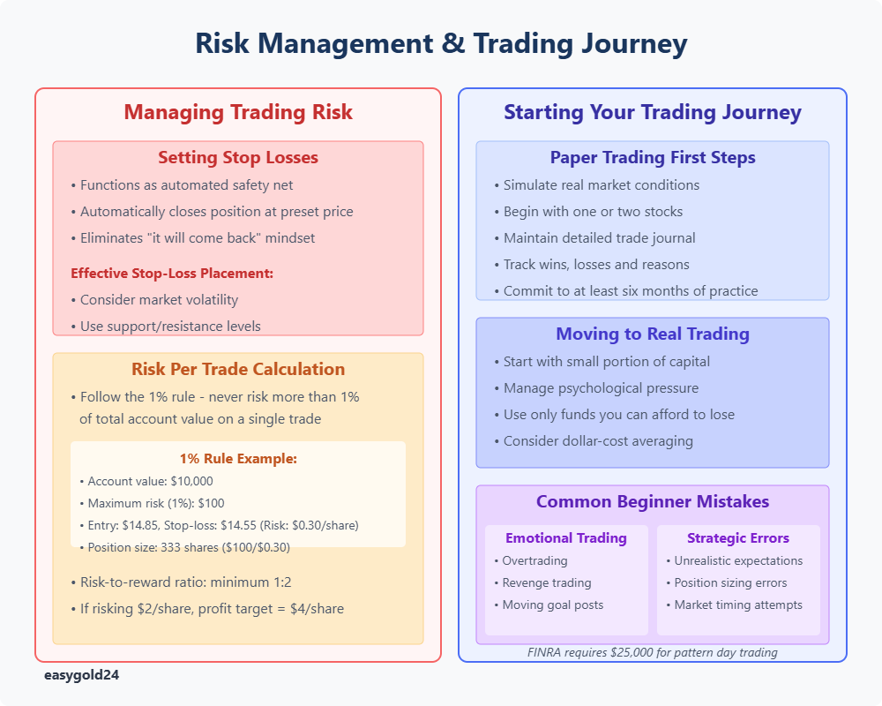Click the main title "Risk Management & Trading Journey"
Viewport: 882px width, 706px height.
[x=441, y=43]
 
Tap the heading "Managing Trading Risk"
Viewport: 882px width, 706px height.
[x=238, y=112]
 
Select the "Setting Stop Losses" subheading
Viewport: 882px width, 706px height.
[x=238, y=157]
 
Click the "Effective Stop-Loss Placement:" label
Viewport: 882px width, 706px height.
[x=172, y=273]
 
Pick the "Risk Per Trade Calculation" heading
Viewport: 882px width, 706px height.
[x=238, y=369]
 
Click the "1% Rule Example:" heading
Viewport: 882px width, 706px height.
[x=238, y=458]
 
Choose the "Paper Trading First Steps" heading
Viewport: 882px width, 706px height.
[x=653, y=157]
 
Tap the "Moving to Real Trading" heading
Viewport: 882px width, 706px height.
[x=653, y=334]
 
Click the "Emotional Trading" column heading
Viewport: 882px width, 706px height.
[x=566, y=538]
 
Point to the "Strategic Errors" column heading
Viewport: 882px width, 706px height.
[x=738, y=538]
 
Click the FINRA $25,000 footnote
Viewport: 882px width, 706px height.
[x=653, y=652]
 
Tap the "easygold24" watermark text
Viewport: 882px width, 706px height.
[x=81, y=675]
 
